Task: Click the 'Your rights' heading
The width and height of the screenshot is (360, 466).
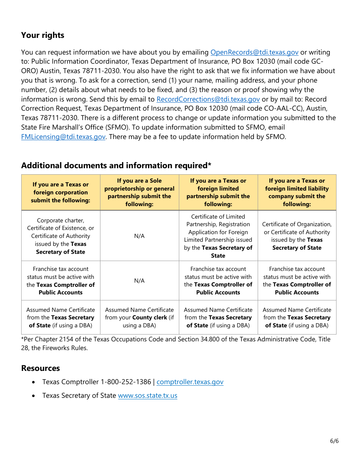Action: click(42, 35)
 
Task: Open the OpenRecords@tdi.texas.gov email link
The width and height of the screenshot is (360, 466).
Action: click(254, 52)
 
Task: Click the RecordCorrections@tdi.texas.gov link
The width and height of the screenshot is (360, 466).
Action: click(208, 99)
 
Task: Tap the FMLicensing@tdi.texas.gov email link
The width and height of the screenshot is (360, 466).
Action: click(63, 137)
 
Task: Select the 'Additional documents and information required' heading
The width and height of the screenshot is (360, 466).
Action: click(116, 166)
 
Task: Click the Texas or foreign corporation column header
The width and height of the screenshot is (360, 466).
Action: click(61, 192)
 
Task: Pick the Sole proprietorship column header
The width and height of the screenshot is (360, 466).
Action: click(139, 192)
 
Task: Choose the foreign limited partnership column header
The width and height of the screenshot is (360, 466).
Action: click(218, 192)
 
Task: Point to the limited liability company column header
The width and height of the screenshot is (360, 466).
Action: click(297, 192)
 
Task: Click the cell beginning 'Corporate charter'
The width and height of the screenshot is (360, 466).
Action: click(61, 236)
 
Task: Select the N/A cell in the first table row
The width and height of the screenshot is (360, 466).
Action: click(139, 236)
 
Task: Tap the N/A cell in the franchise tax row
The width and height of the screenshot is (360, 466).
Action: click(139, 281)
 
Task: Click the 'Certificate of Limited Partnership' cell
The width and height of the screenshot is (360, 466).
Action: click(218, 236)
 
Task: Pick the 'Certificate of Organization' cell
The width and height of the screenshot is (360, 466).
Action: click(297, 236)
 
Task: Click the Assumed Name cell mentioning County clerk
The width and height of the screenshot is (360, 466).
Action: click(139, 317)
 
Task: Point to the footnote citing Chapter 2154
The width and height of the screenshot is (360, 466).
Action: click(175, 343)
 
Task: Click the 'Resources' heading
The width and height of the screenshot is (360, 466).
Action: click(41, 368)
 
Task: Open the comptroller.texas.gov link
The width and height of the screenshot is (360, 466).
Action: click(190, 382)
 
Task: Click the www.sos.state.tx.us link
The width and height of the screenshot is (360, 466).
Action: click(147, 396)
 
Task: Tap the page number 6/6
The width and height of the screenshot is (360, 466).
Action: click(334, 441)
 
